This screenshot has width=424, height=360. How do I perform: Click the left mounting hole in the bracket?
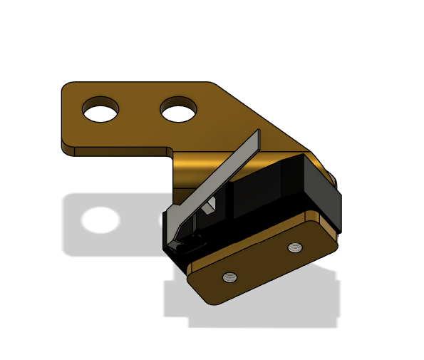pos(100,110)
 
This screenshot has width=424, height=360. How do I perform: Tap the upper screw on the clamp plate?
pos(295,247)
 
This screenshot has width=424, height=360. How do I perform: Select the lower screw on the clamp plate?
pos(229,277)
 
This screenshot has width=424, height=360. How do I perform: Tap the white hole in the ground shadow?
pos(100,220)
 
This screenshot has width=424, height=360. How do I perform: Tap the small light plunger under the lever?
pos(210,207)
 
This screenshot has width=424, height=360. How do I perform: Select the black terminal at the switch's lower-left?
pos(184,246)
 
